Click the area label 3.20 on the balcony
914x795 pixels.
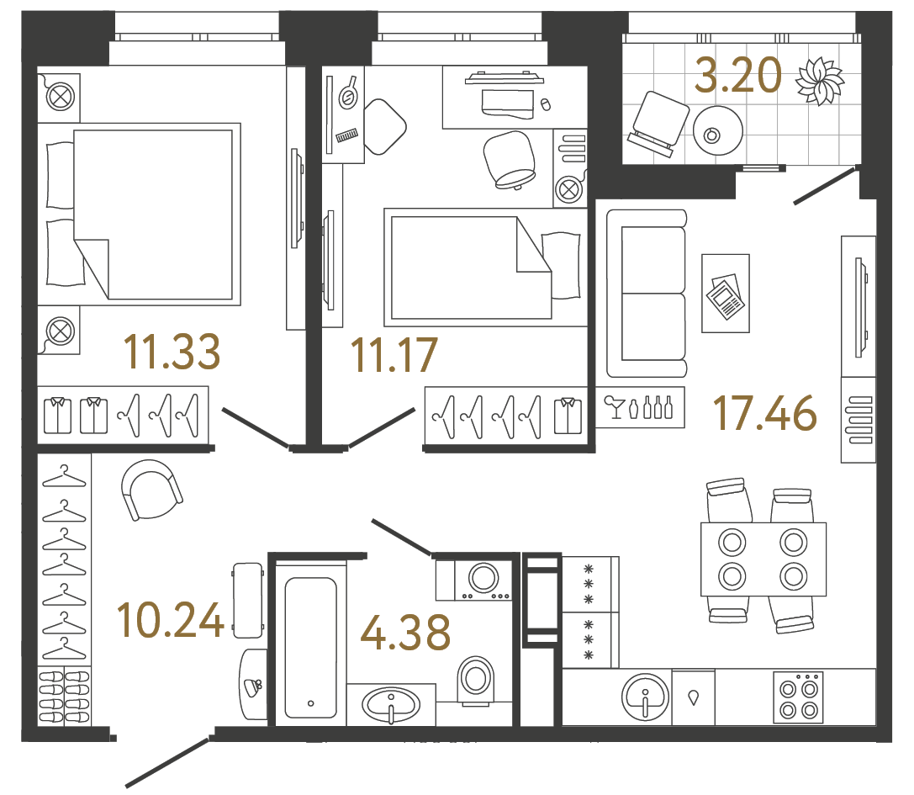tap(737, 77)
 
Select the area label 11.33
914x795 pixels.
tap(172, 352)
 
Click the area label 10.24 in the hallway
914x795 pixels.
tap(172, 621)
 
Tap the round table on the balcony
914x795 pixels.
tap(717, 130)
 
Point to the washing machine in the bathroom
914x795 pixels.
tap(483, 580)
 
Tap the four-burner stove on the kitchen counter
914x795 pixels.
tap(798, 697)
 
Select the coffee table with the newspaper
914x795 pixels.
tap(724, 293)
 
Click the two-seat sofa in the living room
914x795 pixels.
tap(647, 293)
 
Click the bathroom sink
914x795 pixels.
tap(391, 702)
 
